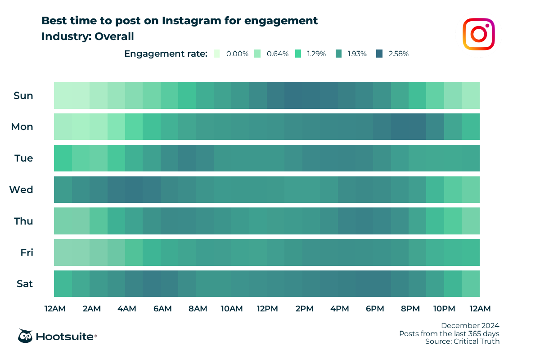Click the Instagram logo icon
479,34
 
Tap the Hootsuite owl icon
25,336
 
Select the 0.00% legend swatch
217,54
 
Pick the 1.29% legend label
317,54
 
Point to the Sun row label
23,95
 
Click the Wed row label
22,190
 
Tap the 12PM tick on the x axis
267,309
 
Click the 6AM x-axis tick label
162,309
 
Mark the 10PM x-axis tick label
444,309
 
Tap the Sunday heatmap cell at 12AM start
63,95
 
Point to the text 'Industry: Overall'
88,36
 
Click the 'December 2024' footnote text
470,325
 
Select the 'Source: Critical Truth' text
462,342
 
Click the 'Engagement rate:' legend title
166,54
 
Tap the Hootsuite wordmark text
66,337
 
